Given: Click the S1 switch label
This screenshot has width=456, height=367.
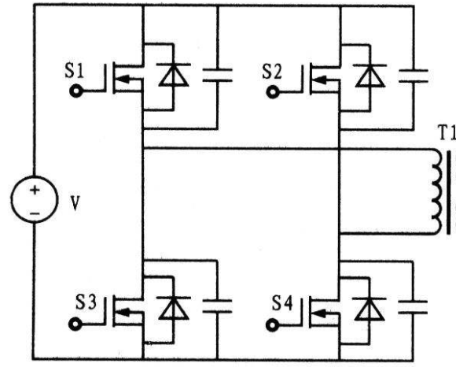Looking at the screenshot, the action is click(x=74, y=71).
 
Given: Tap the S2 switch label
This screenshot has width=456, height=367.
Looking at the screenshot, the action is click(x=272, y=72).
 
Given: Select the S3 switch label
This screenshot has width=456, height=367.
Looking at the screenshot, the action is click(x=86, y=302).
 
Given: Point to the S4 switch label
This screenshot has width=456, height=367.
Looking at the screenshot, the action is click(x=282, y=303).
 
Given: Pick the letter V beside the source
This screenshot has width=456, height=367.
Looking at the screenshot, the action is click(x=75, y=203).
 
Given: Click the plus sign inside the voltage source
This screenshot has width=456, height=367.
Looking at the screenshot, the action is click(x=35, y=191).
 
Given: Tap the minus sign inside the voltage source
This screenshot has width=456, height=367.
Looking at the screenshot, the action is click(x=35, y=213).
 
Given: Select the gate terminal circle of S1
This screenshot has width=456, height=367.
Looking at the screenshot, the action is click(x=75, y=91).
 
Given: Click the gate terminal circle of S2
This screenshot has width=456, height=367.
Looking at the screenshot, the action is click(x=273, y=93).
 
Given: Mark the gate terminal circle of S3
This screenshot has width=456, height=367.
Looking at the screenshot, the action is click(x=75, y=324).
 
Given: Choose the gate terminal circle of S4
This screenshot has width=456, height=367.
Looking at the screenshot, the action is click(x=272, y=325).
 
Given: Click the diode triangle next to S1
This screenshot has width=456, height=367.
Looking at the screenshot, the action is click(x=174, y=76).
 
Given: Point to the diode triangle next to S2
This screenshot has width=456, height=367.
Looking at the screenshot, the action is click(x=370, y=77).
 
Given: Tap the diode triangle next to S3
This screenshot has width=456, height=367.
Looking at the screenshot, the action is click(x=174, y=309).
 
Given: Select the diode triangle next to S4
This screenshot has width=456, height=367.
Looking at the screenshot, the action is click(x=370, y=310).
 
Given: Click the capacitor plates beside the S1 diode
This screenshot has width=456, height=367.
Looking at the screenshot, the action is click(x=217, y=75).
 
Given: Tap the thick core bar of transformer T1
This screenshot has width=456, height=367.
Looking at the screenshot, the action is click(x=449, y=192).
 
